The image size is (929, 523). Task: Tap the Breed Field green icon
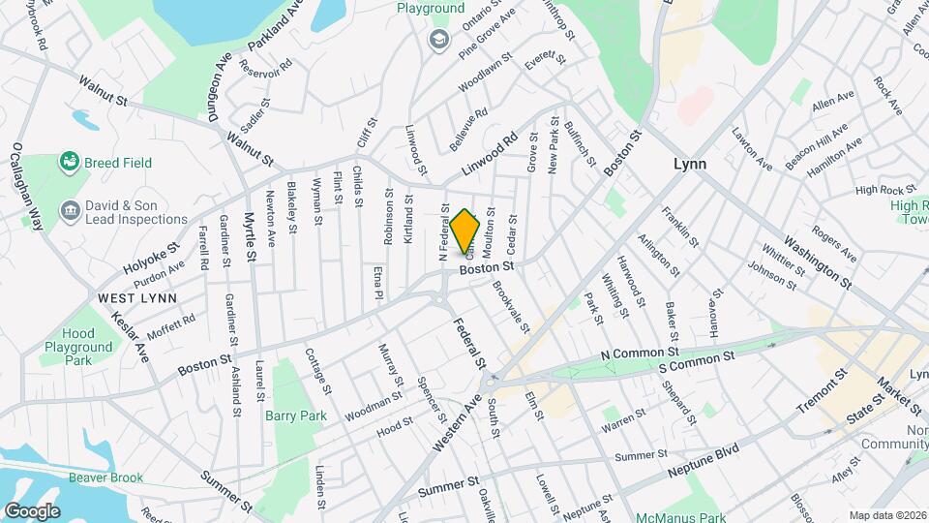pyautogui.click(x=69, y=162)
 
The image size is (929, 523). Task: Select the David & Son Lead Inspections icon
pyautogui.click(x=69, y=210)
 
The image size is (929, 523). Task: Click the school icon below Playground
pyautogui.click(x=438, y=39)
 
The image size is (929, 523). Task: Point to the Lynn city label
pyautogui.click(x=690, y=164)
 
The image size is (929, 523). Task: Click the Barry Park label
pyautogui.click(x=296, y=415)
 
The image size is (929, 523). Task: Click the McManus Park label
pyautogui.click(x=677, y=517)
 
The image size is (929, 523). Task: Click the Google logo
pyautogui.click(x=31, y=510)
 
